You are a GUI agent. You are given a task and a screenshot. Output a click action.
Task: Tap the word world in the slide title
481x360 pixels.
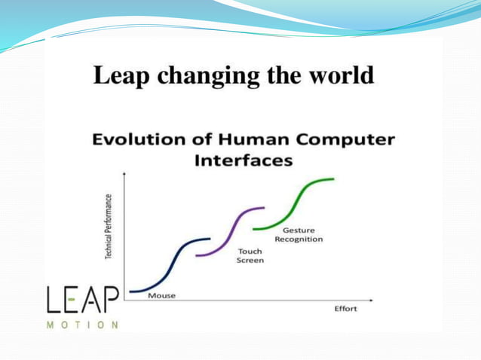pyautogui.click(x=342, y=76)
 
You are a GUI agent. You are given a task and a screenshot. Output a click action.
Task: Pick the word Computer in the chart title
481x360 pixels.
pyautogui.click(x=345, y=140)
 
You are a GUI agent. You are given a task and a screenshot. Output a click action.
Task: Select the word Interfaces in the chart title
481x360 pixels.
pyautogui.click(x=243, y=161)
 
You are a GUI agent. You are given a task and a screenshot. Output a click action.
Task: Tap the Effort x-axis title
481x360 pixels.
pyautogui.click(x=345, y=310)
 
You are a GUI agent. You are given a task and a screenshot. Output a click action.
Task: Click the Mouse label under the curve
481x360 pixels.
pyautogui.click(x=161, y=295)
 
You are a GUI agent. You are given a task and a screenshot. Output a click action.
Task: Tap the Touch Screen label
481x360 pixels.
pyautogui.click(x=250, y=255)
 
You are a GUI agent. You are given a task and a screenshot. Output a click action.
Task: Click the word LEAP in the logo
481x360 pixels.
pyautogui.click(x=82, y=301)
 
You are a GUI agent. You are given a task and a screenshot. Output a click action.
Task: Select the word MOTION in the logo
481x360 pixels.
pyautogui.click(x=82, y=325)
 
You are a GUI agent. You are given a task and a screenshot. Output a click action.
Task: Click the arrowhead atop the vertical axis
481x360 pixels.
pyautogui.click(x=124, y=174)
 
